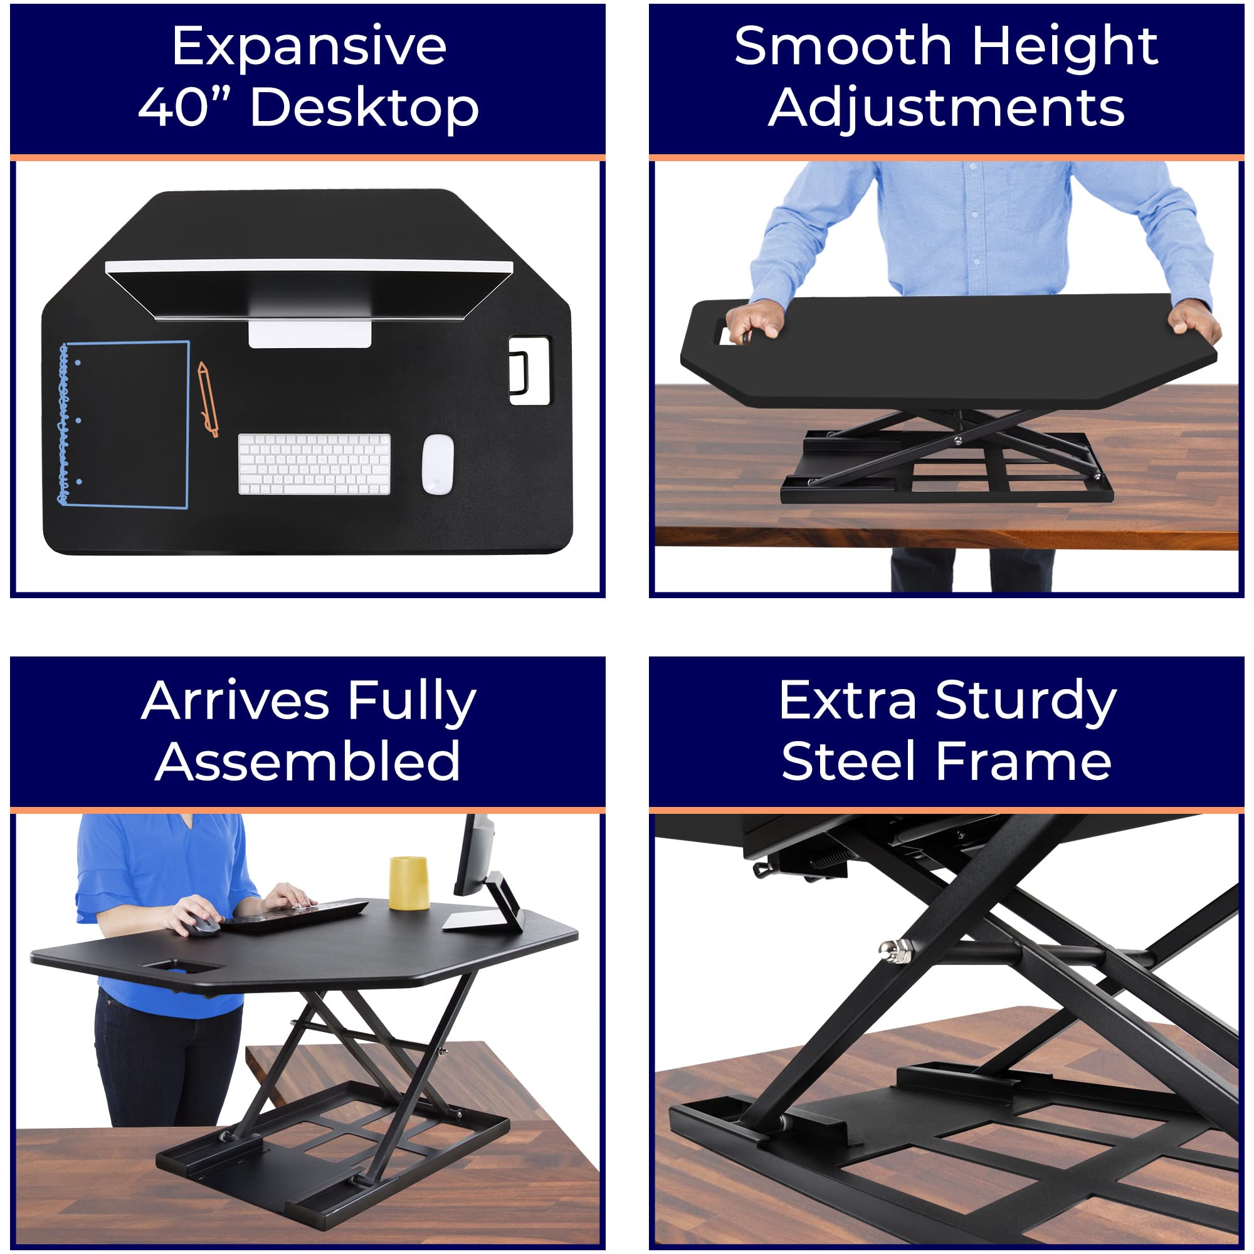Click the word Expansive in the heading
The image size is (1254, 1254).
coord(309,47)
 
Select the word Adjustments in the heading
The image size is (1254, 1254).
coord(946,107)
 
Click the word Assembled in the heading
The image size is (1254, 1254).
coord(308,761)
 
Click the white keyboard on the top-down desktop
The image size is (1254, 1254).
coord(314,463)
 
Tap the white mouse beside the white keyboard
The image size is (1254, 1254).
coord(438,463)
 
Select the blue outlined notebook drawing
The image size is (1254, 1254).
coord(125,424)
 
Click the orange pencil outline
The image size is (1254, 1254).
coord(207,399)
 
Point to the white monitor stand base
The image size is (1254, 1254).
coord(310,333)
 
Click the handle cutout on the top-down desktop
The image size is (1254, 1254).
coord(529,371)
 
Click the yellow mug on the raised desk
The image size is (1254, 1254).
coord(408,883)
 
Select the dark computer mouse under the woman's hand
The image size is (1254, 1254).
coord(204,925)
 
